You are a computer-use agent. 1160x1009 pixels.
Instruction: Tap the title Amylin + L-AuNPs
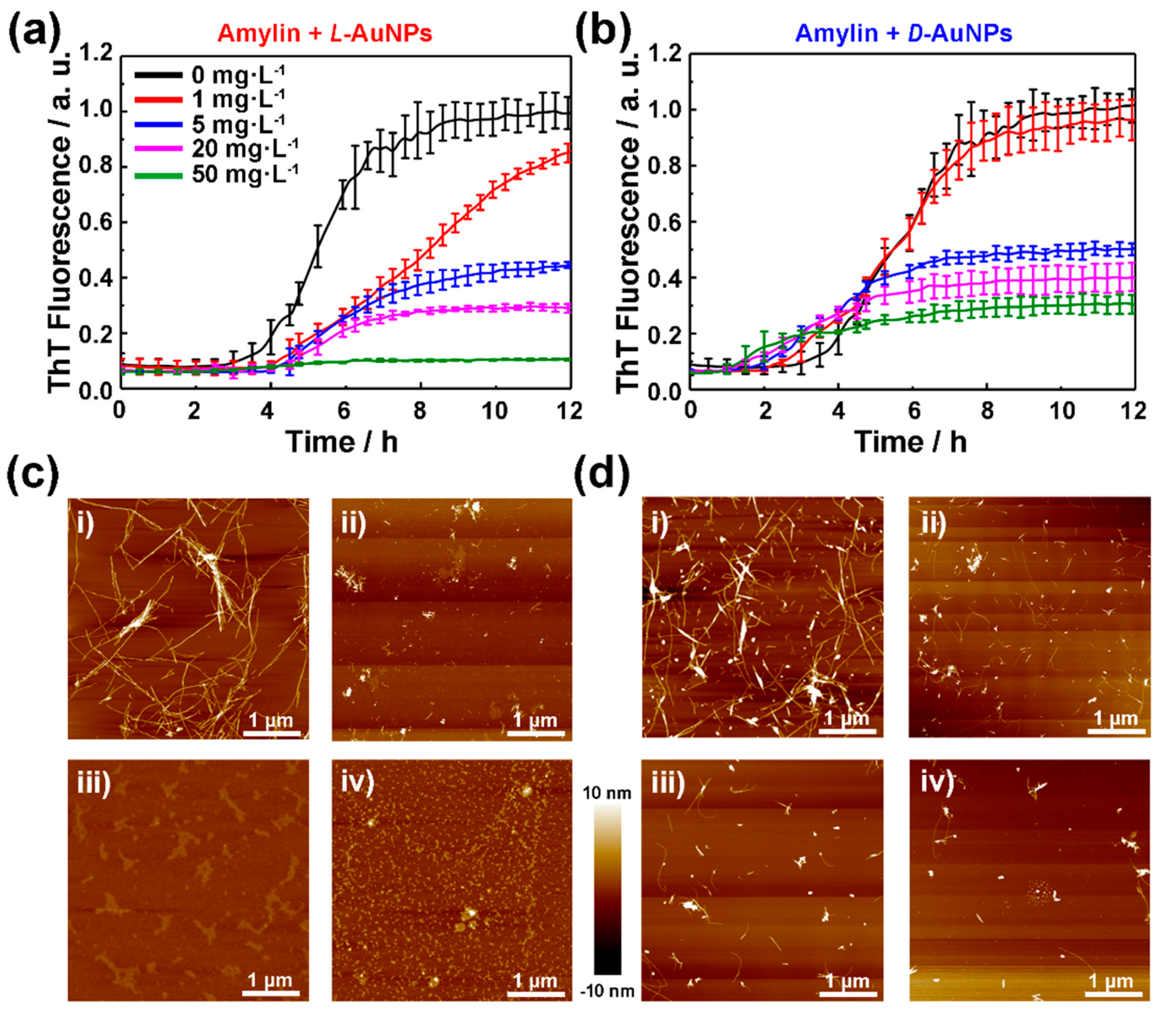pyautogui.click(x=325, y=34)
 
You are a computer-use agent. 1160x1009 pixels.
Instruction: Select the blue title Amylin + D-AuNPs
pyautogui.click(x=904, y=34)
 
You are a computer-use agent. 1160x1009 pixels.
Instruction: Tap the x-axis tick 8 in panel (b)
pyautogui.click(x=987, y=412)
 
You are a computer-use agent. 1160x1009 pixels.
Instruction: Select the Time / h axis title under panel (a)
pyautogui.click(x=342, y=442)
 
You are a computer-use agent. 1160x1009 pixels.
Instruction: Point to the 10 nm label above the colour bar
pyautogui.click(x=607, y=793)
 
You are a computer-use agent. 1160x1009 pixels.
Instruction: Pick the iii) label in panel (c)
pyautogui.click(x=93, y=784)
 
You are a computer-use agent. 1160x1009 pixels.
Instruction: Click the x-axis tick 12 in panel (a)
pyautogui.click(x=568, y=412)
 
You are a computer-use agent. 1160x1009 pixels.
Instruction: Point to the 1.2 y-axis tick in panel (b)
pyautogui.click(x=667, y=55)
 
